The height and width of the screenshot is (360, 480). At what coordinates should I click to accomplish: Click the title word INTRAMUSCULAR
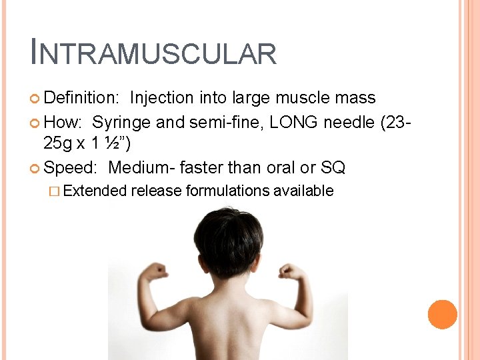153,53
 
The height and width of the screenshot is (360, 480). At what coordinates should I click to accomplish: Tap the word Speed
72,167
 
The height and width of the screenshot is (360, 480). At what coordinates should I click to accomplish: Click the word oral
272,167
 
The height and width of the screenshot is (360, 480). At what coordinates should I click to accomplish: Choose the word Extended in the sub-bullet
95,191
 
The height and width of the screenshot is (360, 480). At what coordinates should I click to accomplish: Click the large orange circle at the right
443,315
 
